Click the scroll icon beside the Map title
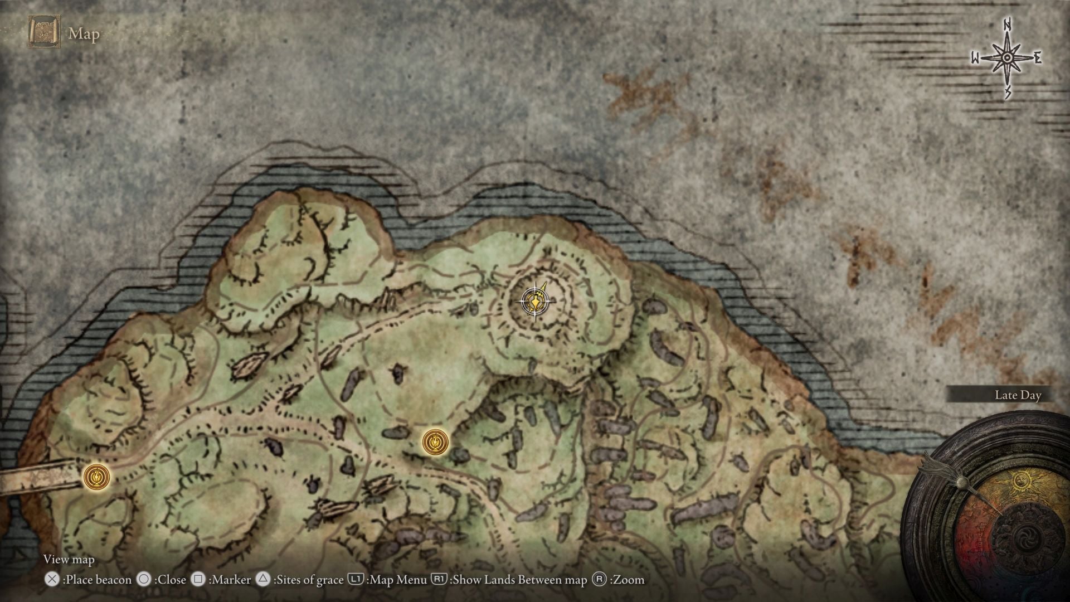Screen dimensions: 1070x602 click(x=44, y=32)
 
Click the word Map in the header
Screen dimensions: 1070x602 click(x=84, y=34)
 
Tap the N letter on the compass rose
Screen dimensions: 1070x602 click(x=1008, y=25)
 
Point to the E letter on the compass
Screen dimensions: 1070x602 click(x=1038, y=58)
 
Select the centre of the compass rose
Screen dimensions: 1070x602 click(x=1007, y=58)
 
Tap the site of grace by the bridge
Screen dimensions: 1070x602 click(x=96, y=477)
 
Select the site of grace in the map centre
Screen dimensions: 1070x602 click(x=435, y=443)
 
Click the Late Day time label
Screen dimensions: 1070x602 click(x=1018, y=395)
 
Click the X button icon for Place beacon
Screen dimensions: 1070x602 click(x=52, y=580)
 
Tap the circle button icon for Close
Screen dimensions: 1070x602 click(x=144, y=580)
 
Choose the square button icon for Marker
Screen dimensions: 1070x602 click(x=198, y=580)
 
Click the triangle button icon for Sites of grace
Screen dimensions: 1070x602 click(x=263, y=580)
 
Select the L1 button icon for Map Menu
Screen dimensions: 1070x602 click(x=356, y=580)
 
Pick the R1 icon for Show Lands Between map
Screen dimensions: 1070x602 click(x=439, y=580)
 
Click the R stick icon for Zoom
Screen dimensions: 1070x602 click(x=599, y=580)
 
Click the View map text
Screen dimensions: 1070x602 click(x=69, y=559)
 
